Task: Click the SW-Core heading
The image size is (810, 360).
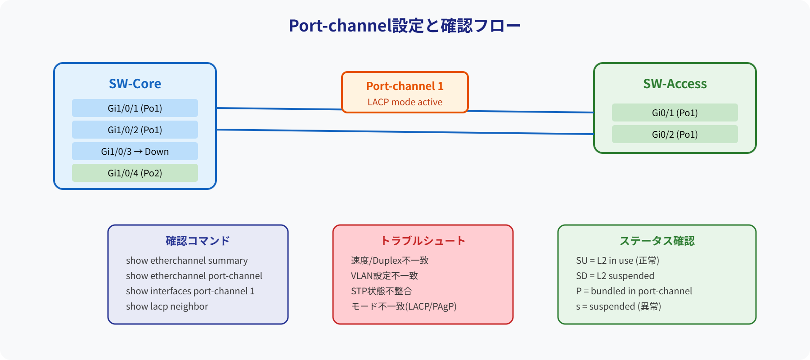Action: [135, 84]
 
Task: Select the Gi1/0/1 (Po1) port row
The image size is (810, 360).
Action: [135, 108]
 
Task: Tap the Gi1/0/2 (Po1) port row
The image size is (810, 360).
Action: [135, 130]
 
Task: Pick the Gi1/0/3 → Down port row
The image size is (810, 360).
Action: [135, 152]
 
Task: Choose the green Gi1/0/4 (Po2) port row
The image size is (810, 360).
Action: [135, 173]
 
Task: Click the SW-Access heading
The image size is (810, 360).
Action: [675, 84]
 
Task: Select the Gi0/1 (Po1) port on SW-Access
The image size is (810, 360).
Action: [675, 113]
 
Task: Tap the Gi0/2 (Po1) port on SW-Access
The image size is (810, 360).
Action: [675, 135]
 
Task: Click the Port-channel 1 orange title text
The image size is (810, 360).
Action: [405, 86]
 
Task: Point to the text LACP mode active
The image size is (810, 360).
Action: [405, 102]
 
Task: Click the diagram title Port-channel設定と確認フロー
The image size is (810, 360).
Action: [405, 26]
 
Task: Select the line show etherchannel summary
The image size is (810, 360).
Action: [187, 261]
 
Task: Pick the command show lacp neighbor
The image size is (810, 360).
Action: [167, 306]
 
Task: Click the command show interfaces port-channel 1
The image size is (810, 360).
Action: [190, 291]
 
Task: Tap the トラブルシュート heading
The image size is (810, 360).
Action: [423, 241]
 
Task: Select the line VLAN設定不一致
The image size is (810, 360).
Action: [384, 276]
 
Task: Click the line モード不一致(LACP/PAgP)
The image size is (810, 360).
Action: [404, 306]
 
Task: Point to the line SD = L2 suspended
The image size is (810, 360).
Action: [615, 276]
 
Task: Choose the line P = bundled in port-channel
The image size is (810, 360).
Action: [634, 291]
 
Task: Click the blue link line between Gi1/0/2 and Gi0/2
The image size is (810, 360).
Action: [405, 132]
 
